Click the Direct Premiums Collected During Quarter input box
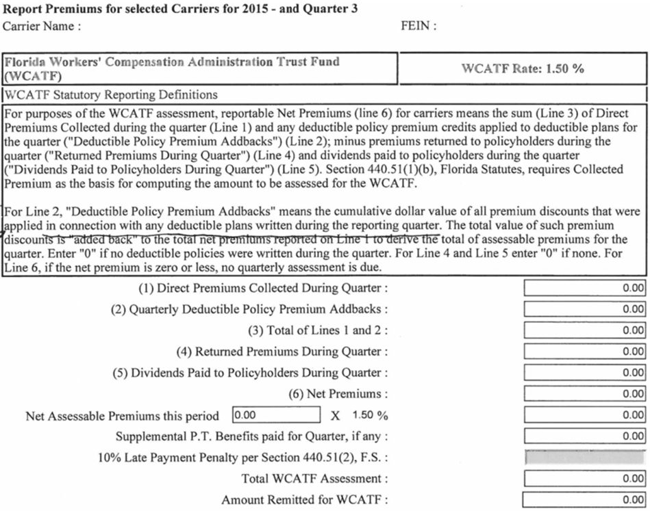click(x=584, y=289)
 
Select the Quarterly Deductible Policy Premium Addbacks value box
click(x=584, y=310)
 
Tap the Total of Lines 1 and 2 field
click(x=584, y=331)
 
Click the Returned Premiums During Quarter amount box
click(x=584, y=352)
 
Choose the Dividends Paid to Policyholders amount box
click(x=584, y=374)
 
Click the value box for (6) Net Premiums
click(x=584, y=395)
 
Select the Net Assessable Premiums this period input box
click(x=276, y=415)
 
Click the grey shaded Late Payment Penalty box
click(x=584, y=458)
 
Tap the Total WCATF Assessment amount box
click(x=584, y=479)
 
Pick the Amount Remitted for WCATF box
click(x=584, y=500)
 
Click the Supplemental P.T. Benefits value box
click(x=584, y=436)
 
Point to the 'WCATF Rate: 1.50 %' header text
click(x=523, y=68)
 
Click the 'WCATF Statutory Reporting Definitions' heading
click(x=111, y=94)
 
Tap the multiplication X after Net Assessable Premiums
click(x=335, y=416)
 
